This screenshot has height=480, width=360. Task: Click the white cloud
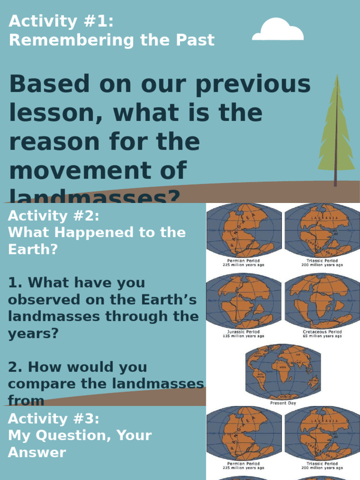[x=277, y=31]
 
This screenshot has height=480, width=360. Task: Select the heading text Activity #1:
[x=61, y=21]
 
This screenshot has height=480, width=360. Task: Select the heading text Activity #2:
[x=54, y=216]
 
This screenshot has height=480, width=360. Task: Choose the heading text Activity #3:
[x=54, y=419]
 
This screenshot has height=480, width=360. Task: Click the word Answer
[x=37, y=452]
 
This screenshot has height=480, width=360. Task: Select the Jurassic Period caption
[x=243, y=331]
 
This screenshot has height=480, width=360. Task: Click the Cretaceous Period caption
[x=322, y=331]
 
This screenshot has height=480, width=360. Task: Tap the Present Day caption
[x=283, y=403]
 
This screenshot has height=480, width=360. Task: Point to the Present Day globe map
[x=283, y=372]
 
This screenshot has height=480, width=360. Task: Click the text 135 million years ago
[x=243, y=336]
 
